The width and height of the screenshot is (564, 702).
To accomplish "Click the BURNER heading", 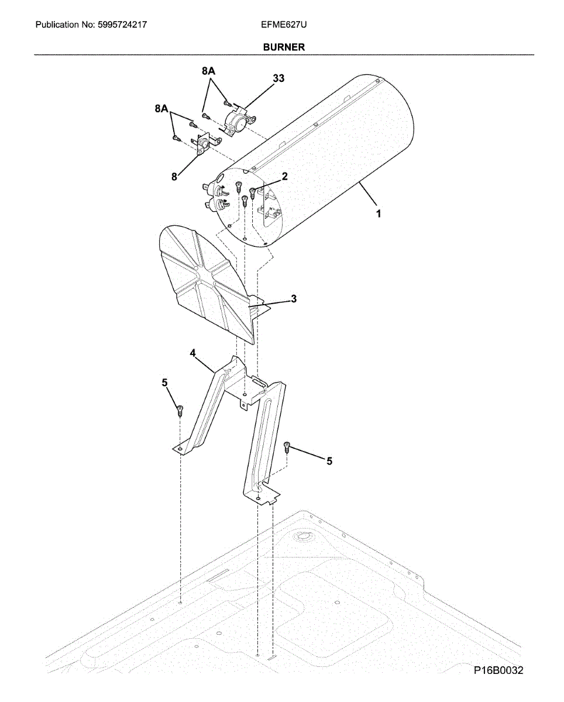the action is (284, 47).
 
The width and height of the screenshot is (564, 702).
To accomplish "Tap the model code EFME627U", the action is (284, 25).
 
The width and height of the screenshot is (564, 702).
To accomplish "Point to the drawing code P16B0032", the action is (498, 670).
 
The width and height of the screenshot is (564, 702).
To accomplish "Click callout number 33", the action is (278, 78).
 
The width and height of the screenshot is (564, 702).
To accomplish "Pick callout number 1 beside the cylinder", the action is (379, 214).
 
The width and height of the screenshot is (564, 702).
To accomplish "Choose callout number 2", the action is (284, 176).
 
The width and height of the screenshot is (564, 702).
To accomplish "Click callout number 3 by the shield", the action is (294, 299).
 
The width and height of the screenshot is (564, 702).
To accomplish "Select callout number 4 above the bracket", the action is (192, 353).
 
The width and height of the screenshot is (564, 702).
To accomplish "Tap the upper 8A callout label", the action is (209, 71).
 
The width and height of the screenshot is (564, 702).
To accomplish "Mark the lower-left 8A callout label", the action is (162, 109).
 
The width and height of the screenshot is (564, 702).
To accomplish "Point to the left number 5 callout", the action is (165, 382).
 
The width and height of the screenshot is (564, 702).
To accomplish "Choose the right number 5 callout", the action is (329, 461).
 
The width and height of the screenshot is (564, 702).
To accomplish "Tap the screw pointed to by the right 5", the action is (287, 448).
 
